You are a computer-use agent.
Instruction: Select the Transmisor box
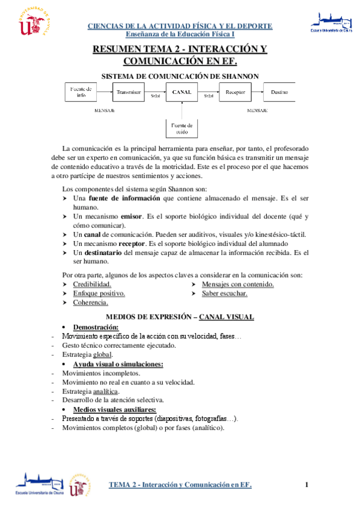coord(129,93)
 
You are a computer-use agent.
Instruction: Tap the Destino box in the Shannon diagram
coord(279,93)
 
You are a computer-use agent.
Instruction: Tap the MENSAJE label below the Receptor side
coord(257,111)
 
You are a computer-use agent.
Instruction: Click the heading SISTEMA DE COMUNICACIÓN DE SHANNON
coord(180,76)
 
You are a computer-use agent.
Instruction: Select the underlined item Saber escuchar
coord(224,293)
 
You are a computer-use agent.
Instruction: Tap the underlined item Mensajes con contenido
coord(238,284)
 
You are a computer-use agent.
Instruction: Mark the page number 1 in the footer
coord(306,485)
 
